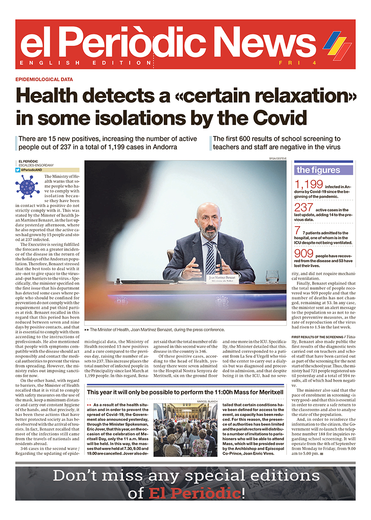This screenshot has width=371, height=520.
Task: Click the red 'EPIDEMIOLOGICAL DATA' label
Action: coord(44,79)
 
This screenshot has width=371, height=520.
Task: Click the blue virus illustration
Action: coord(27,185)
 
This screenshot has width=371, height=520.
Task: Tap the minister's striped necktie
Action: coord(210,258)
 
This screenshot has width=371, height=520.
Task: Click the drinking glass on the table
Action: coord(272,277)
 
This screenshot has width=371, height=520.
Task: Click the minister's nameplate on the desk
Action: coord(223,278)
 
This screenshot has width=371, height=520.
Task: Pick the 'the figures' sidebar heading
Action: coord(319,170)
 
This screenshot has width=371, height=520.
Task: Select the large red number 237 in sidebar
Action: coord(304,208)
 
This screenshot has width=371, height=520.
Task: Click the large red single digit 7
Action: coord(297,231)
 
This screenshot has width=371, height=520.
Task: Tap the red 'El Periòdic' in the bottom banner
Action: coord(195,494)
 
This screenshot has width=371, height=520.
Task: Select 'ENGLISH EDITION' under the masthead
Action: coord(86,63)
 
